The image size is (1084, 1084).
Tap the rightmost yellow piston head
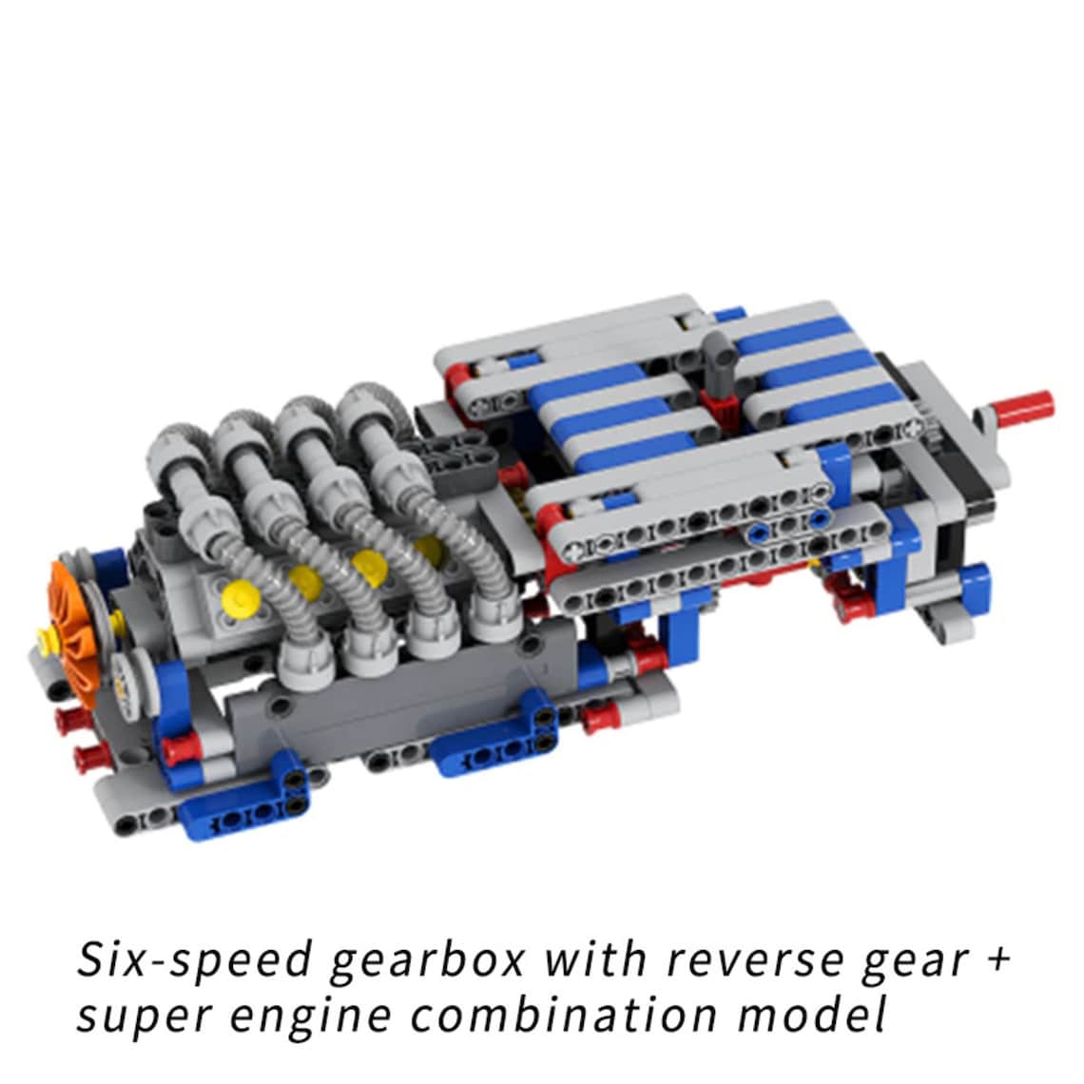click(x=427, y=548)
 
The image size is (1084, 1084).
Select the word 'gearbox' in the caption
click(x=428, y=960)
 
